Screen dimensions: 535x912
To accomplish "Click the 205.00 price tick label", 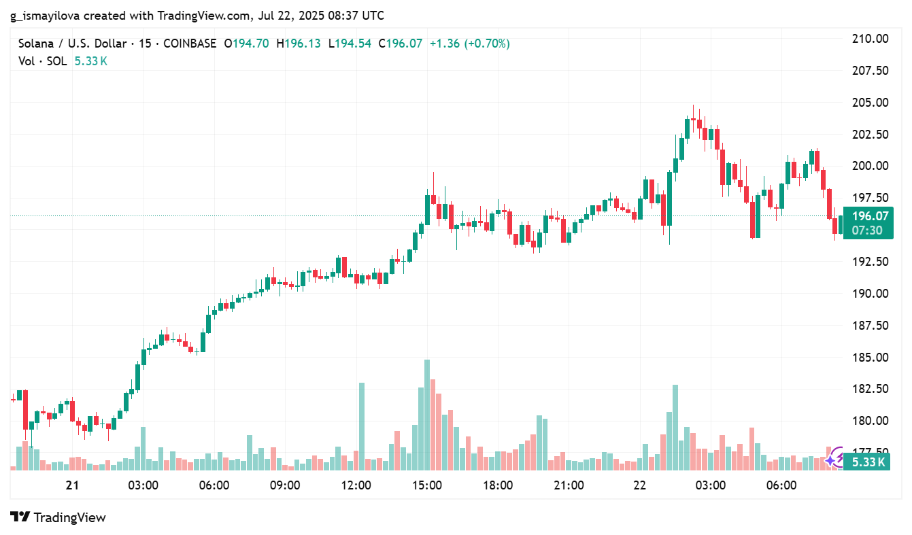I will (871, 103).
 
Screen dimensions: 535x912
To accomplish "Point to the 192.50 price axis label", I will (871, 262).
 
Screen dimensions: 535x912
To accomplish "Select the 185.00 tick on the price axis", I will (871, 358).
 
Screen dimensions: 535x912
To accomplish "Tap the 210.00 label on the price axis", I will (871, 39).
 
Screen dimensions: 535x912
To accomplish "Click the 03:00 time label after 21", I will (143, 486).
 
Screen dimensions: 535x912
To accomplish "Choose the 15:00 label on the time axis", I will (427, 486).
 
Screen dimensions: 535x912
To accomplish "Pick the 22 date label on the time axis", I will (639, 486).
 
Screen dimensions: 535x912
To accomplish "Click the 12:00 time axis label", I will (356, 486).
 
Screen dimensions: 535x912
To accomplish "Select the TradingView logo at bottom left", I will (58, 517).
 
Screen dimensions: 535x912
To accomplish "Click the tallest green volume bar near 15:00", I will (427, 415).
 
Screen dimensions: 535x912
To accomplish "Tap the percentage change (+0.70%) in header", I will (486, 44).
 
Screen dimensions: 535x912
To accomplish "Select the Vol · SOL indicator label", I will (42, 61).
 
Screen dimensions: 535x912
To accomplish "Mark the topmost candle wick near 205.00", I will (694, 107).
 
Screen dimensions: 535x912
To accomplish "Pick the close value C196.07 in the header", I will (400, 44).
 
